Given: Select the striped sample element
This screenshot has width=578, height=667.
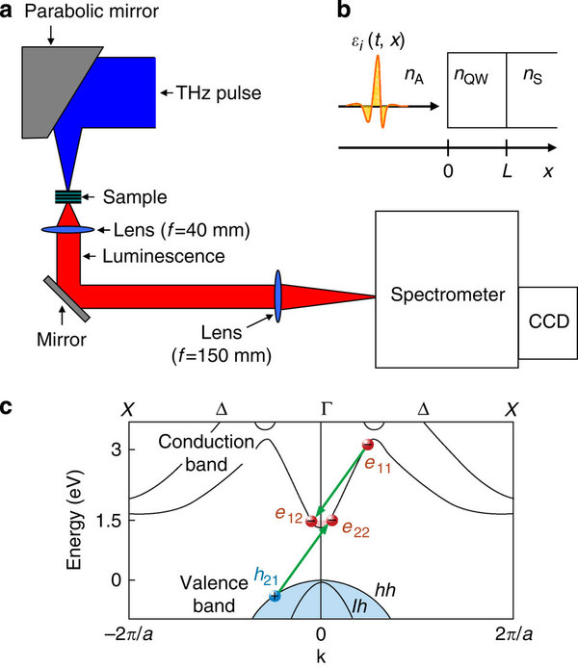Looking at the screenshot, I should [x=67, y=197].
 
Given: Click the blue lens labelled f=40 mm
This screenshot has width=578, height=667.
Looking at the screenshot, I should [x=67, y=229].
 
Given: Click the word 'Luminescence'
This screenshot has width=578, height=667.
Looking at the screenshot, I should [x=153, y=258].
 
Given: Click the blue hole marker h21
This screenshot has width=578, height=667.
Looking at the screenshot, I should [x=275, y=596].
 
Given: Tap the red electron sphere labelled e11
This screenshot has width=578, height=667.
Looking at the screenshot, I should [x=367, y=445].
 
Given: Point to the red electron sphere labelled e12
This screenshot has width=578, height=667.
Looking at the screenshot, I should [x=311, y=521].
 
